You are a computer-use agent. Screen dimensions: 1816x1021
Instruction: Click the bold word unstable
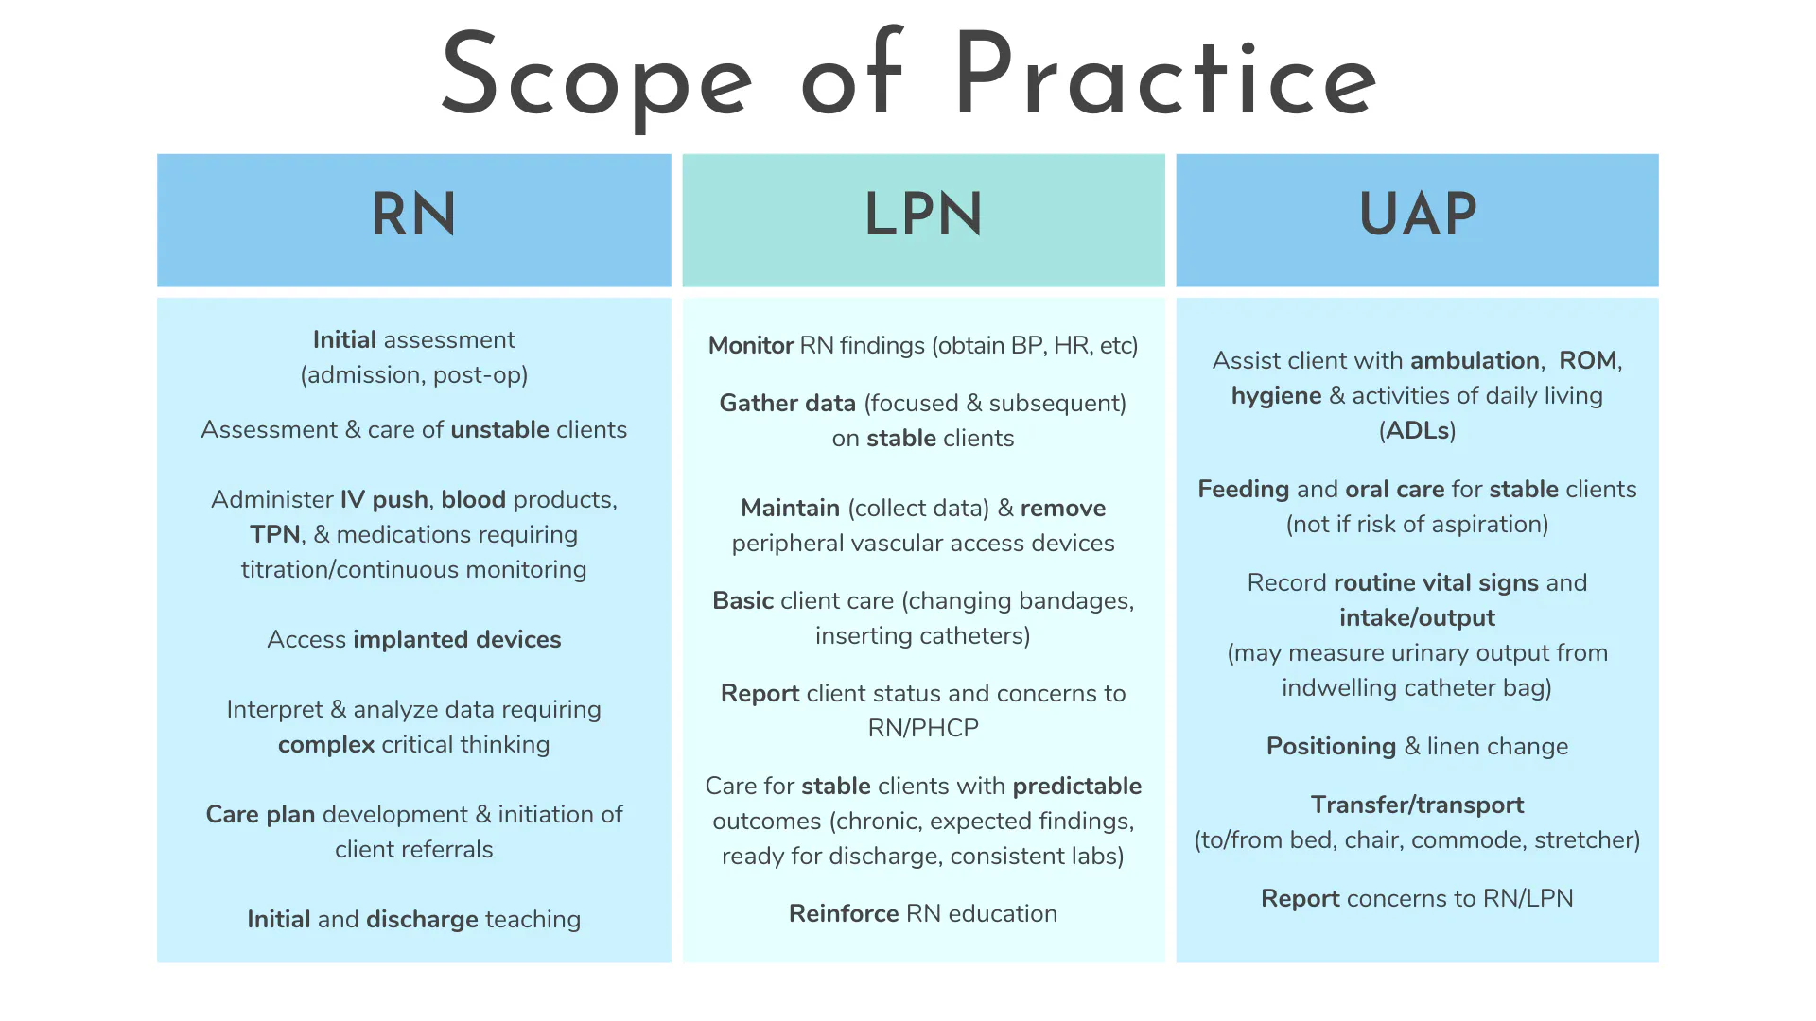[499, 429]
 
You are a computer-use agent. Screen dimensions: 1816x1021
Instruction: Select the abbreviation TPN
[275, 534]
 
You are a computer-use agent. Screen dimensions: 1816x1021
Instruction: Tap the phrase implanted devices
[457, 639]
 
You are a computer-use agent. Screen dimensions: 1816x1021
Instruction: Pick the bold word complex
[326, 745]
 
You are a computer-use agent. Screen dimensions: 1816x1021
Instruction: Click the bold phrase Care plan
[260, 814]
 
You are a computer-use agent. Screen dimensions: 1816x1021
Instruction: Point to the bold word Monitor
[751, 345]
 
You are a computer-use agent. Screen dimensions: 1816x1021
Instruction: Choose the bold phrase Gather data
[788, 403]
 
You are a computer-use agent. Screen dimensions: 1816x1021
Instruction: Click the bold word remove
[1063, 509]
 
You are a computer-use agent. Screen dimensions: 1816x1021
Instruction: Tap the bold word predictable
[1077, 786]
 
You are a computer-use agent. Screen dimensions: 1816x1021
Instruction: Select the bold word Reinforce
[844, 913]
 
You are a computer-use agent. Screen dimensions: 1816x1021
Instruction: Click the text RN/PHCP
[923, 728]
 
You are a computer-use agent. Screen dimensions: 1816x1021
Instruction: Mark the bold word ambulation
[1475, 360]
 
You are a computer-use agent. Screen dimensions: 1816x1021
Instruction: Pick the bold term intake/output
[1417, 617]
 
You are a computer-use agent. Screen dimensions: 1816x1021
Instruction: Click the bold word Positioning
[1331, 747]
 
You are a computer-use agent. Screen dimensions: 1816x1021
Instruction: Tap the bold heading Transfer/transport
[1417, 805]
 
